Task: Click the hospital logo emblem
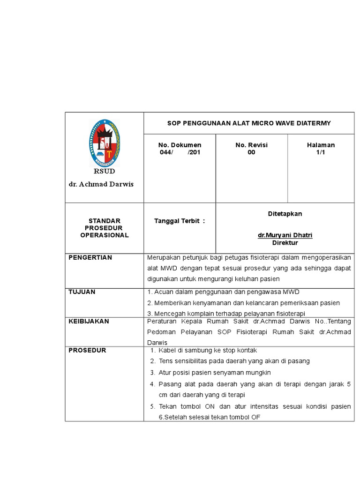(104, 142)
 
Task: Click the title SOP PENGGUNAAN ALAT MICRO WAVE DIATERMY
(249, 123)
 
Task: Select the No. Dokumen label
(180, 145)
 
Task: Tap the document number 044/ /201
(180, 153)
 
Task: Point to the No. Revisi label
(251, 145)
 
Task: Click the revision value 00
(251, 153)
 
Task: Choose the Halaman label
(321, 145)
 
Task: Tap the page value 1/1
(321, 153)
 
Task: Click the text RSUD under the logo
(104, 172)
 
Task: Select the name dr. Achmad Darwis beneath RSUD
(101, 184)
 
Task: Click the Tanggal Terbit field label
(180, 221)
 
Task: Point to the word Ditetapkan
(285, 214)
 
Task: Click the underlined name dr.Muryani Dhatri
(285, 235)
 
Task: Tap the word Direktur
(285, 243)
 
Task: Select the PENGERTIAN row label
(90, 258)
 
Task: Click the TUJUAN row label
(82, 292)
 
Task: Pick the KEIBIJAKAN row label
(89, 322)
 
